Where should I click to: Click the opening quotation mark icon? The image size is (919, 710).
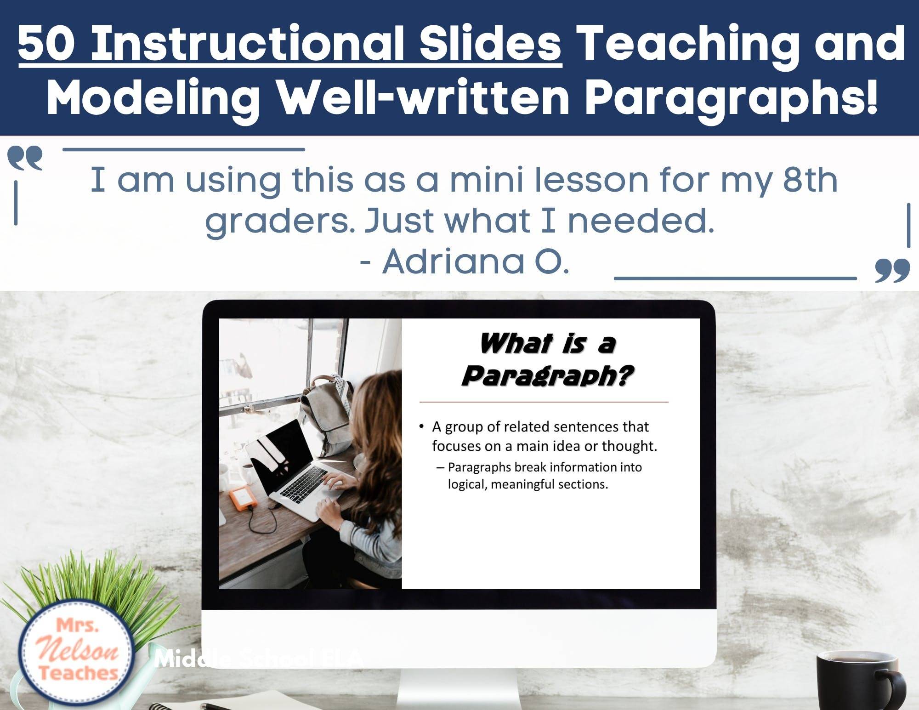25,159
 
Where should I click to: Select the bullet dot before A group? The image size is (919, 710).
421,426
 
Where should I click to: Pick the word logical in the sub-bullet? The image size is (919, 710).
467,484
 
